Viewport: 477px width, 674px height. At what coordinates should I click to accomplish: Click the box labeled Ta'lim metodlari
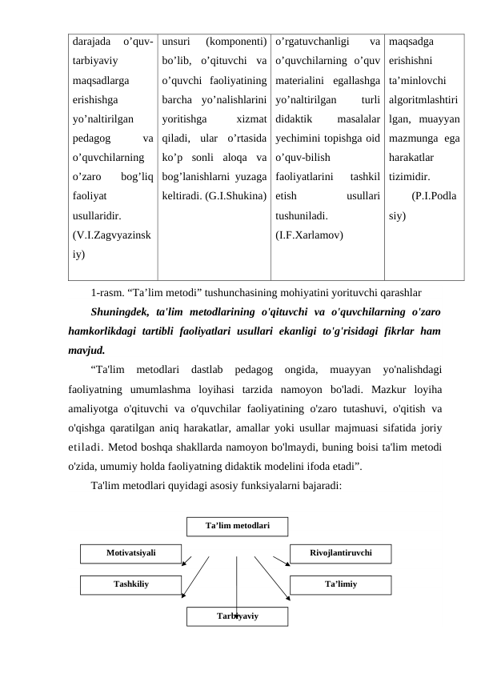pos(237,526)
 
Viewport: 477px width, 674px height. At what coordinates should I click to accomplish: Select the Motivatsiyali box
pos(131,552)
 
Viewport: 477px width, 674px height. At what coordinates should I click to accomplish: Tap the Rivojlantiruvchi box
pos(341,552)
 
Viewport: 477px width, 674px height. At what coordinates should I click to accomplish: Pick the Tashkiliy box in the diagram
pos(130,584)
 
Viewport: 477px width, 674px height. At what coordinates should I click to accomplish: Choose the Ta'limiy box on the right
pos(341,584)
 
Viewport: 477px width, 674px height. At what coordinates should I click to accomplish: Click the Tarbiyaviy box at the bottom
pos(237,615)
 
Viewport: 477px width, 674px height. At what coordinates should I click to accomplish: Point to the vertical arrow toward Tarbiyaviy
pos(237,584)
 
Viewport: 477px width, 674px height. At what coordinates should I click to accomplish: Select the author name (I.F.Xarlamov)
pos(309,235)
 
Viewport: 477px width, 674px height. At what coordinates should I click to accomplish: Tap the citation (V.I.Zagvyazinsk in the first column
pos(112,235)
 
